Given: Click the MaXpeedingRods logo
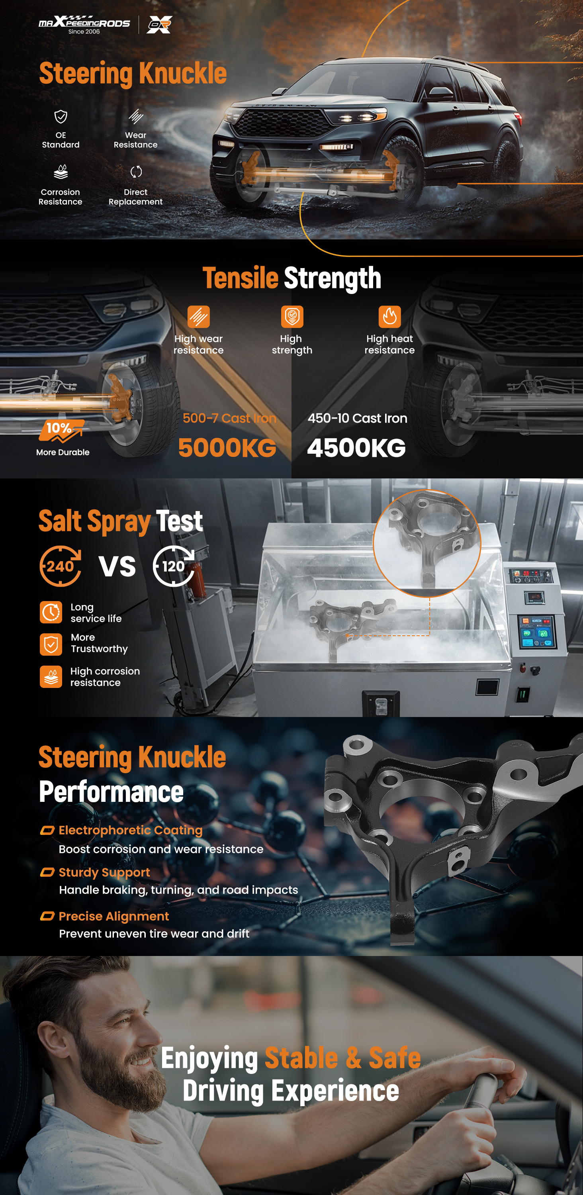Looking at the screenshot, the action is coord(84,25).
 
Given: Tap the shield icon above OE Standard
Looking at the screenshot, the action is coord(61,116).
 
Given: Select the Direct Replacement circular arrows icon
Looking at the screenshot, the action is coord(136,172).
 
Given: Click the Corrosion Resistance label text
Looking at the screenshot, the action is coord(60,197).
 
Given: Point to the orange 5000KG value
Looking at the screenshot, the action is coord(227,448).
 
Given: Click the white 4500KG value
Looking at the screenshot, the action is coord(356,448).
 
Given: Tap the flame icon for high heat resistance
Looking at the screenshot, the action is coord(389,316).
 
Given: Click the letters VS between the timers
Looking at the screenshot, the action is coord(117,566).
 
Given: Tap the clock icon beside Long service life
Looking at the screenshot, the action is coord(51,612).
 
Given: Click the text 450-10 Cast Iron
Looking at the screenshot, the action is coord(358,418).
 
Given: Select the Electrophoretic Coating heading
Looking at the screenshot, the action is coord(131,831).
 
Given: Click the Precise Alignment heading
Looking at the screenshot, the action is coord(113,916).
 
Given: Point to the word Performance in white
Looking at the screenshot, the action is coord(112,792).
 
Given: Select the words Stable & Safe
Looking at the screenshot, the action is coord(343,1058).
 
